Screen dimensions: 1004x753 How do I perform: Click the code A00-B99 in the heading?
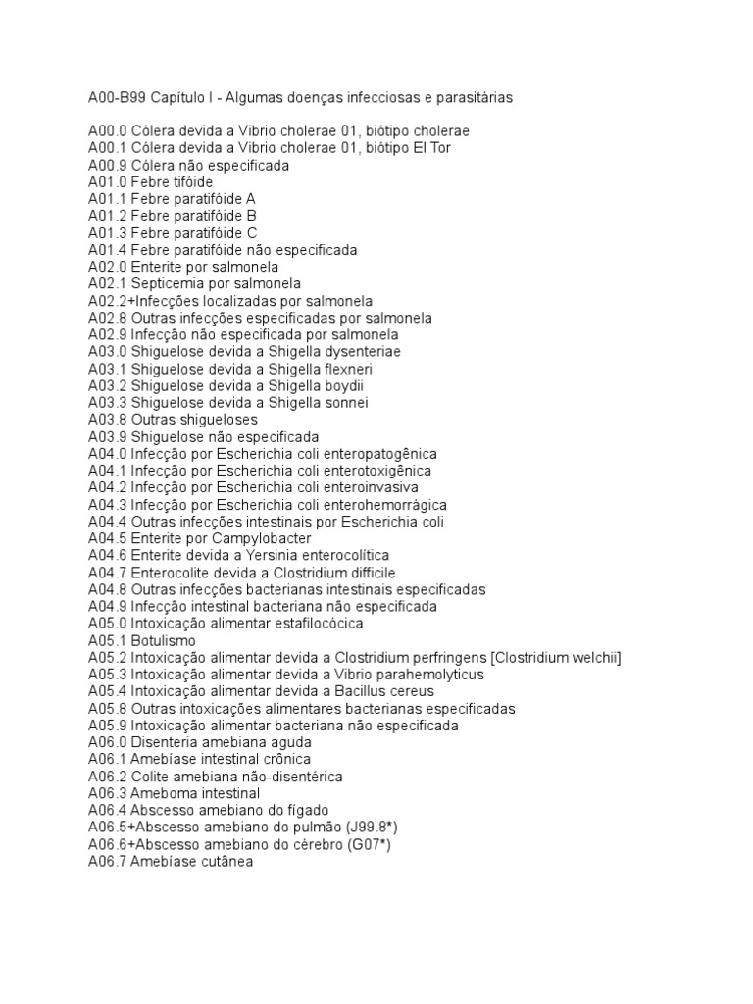[119, 98]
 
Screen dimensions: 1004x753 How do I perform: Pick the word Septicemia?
[167, 284]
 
